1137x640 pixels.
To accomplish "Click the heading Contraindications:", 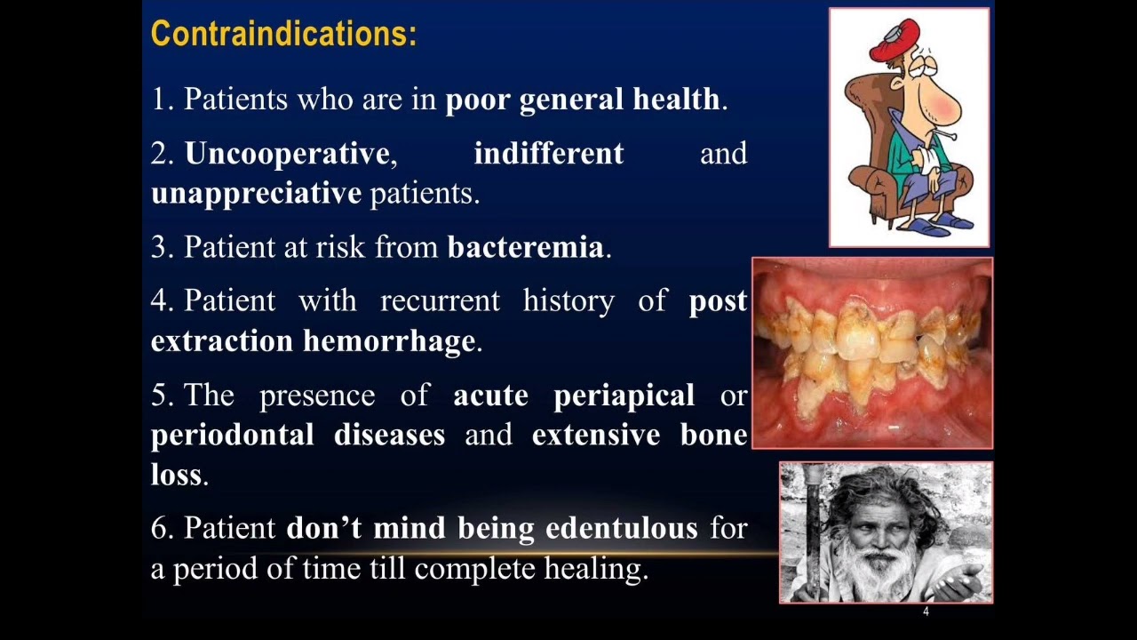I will point(283,34).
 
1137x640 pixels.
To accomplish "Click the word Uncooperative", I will point(287,154).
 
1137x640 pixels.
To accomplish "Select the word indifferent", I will point(548,154).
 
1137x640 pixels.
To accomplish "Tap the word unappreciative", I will point(256,193).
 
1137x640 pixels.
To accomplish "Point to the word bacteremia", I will point(525,247).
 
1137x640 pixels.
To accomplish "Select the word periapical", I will point(624,396).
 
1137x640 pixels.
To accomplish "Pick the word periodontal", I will point(232,435).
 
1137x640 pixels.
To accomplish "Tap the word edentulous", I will point(621,528).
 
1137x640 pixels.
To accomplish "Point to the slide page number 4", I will point(926,612).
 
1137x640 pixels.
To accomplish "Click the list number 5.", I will point(161,396).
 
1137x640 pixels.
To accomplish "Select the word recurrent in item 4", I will point(440,301).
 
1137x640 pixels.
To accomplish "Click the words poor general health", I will point(583,100).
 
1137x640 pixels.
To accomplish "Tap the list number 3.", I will point(161,247).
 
